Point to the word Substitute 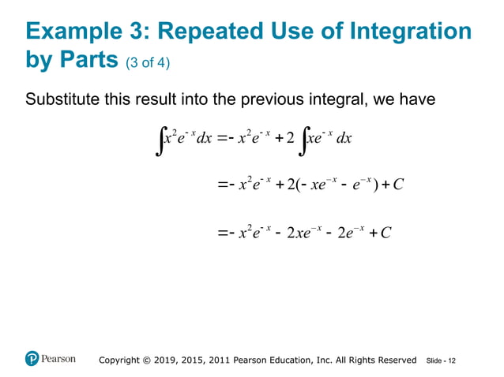pyautogui.click(x=62, y=100)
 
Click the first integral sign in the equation pyautogui.click(x=161, y=142)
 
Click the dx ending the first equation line pyautogui.click(x=344, y=139)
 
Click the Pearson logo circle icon pyautogui.click(x=32, y=359)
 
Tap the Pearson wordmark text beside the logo pyautogui.click(x=59, y=359)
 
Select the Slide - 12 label pyautogui.click(x=440, y=360)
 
